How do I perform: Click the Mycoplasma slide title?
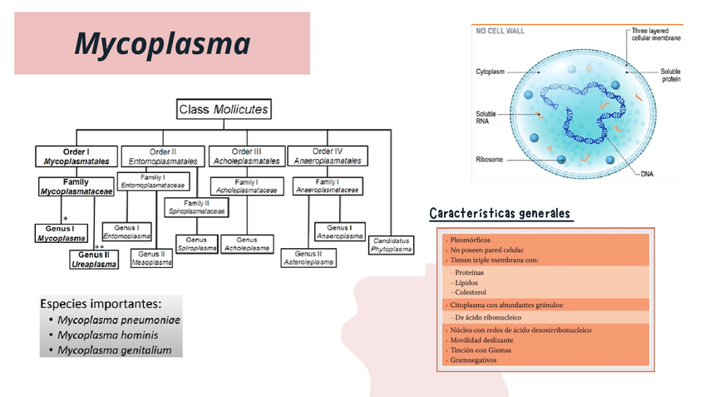pos(162,43)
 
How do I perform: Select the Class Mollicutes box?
pos(224,109)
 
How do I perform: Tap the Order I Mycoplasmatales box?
pos(76,156)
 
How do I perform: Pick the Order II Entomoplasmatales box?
pos(163,156)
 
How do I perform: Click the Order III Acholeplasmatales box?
pos(246,156)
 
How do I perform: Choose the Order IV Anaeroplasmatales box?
pos(328,156)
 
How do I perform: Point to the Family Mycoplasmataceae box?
pos(76,186)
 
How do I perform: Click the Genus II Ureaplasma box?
pos(94,259)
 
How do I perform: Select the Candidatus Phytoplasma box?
pos(392,244)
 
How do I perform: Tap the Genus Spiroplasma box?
pos(196,244)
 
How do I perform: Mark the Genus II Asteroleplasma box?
pos(308,258)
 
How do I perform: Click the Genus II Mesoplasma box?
pos(151,258)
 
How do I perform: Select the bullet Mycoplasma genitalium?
pos(115,350)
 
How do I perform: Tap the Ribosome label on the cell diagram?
pos(489,158)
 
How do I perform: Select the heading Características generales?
pos(500,213)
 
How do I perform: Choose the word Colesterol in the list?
pos(470,293)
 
